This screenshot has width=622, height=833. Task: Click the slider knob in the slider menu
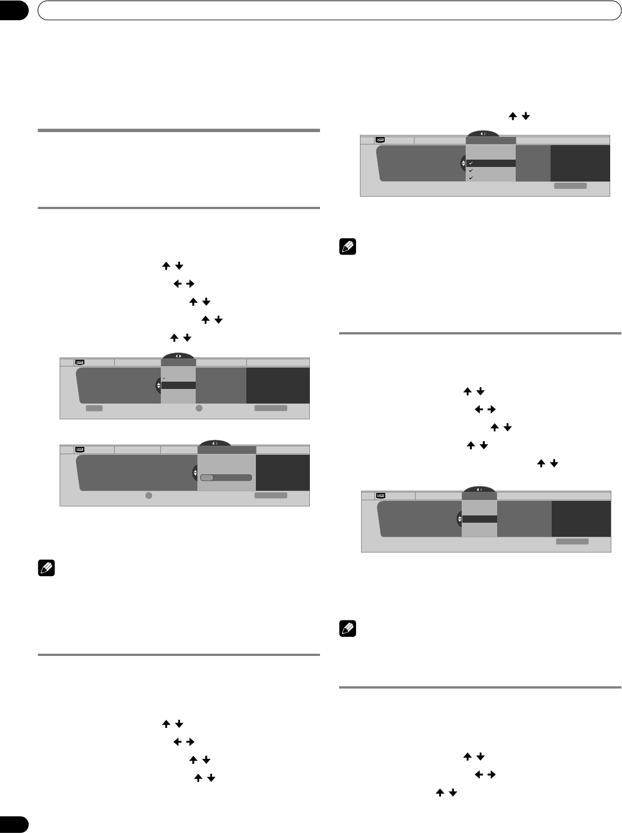point(208,478)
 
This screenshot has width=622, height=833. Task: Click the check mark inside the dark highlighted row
point(470,163)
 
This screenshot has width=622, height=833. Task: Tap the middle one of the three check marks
point(470,170)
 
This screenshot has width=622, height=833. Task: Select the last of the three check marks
point(470,178)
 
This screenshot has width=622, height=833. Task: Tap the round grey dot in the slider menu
point(148,495)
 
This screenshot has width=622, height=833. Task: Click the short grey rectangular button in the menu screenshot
point(94,409)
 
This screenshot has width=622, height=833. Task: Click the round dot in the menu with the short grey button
point(199,409)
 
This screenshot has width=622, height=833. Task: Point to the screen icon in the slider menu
point(80,450)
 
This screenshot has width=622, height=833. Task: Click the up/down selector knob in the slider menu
point(195,473)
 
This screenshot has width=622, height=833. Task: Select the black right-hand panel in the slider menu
point(282,473)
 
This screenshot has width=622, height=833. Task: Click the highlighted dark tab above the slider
point(227,450)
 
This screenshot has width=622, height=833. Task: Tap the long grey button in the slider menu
point(271,495)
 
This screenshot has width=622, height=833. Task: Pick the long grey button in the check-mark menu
point(570,185)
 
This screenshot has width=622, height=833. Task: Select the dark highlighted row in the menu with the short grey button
point(178,386)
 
